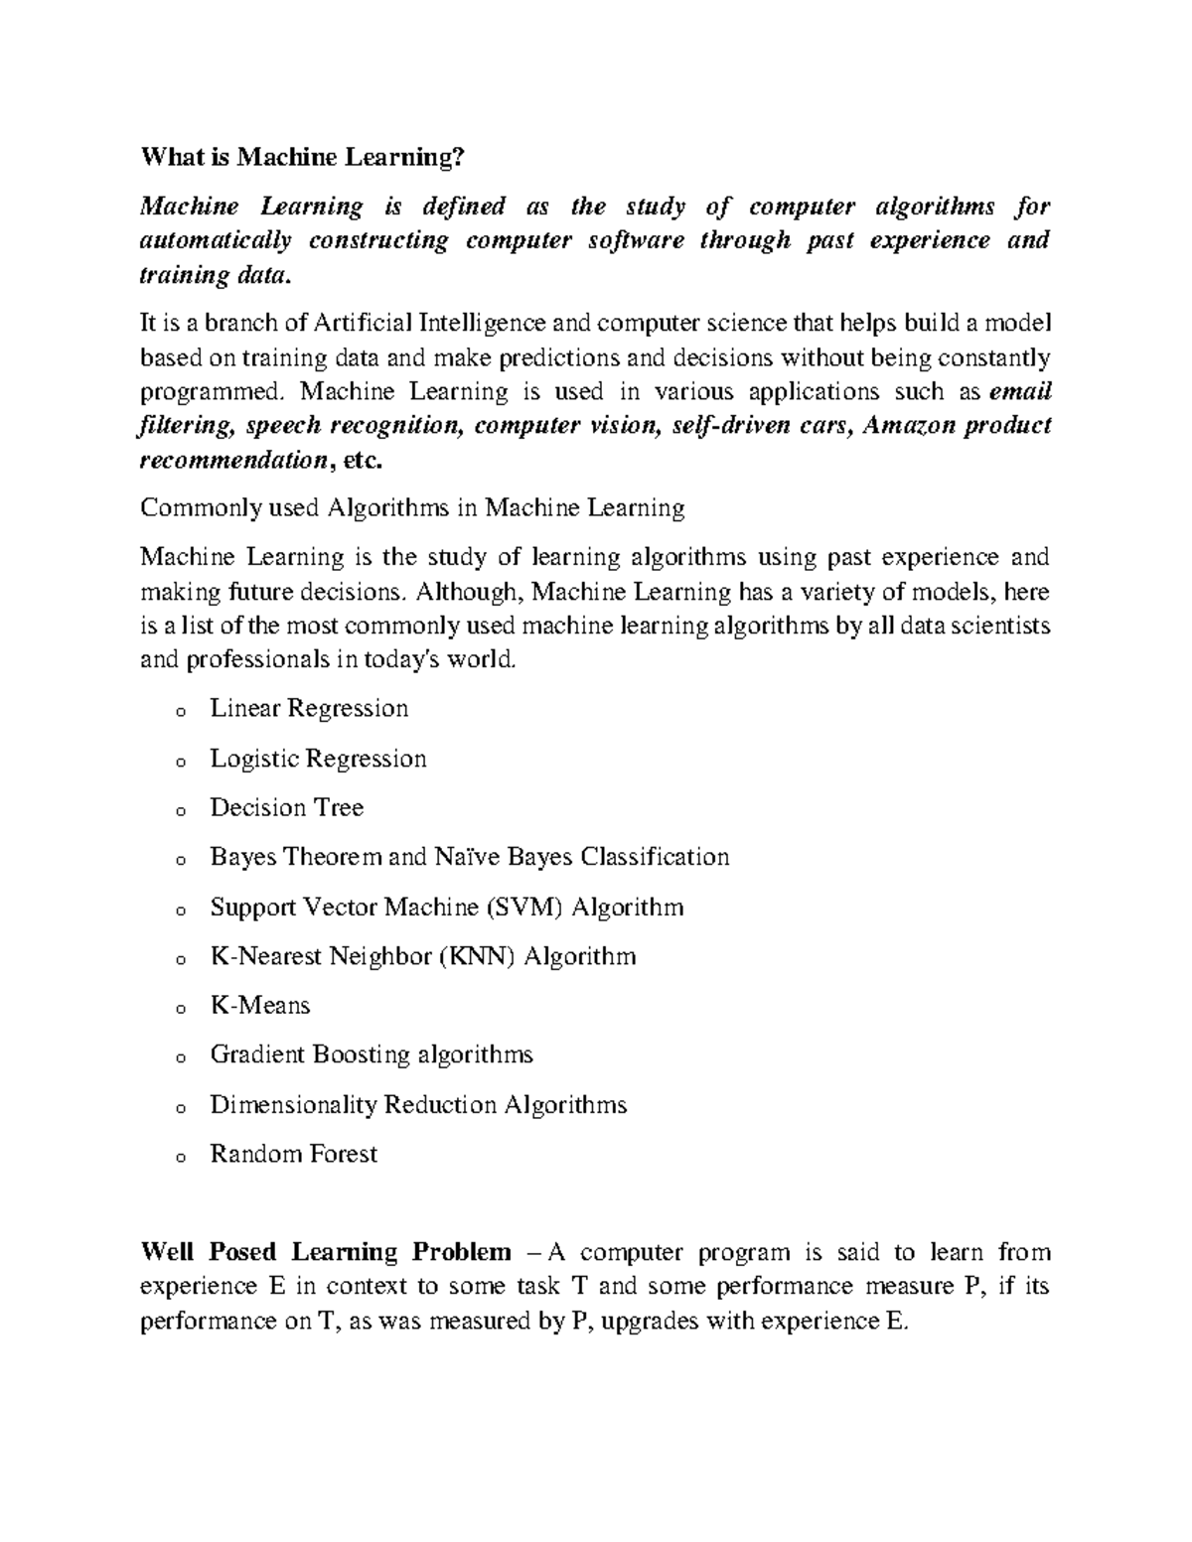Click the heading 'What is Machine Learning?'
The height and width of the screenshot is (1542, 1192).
click(x=302, y=157)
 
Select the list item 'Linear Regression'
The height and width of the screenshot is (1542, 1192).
click(x=309, y=709)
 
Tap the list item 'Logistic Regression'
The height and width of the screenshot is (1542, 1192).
click(x=318, y=759)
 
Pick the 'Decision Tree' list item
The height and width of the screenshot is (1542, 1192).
click(x=286, y=807)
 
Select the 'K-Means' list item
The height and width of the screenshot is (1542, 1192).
click(x=260, y=1006)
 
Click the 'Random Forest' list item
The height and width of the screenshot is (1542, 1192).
click(x=293, y=1154)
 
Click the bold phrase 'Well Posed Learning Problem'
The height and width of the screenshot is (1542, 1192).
click(x=326, y=1252)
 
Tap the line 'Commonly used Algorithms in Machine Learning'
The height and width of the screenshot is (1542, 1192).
click(x=412, y=509)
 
